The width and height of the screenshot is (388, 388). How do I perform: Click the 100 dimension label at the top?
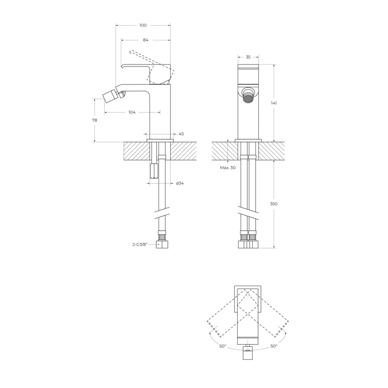[143, 25]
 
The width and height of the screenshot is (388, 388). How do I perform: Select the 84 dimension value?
[145, 40]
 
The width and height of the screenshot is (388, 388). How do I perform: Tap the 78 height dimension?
[94, 120]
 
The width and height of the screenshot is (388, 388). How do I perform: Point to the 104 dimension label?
[131, 112]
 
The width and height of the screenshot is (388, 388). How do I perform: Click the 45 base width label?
[181, 134]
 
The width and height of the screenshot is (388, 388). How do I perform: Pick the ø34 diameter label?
[180, 183]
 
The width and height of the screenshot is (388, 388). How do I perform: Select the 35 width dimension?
[248, 57]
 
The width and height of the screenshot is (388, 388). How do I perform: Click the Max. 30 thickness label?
[227, 167]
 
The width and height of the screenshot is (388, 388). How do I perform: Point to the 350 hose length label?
[274, 204]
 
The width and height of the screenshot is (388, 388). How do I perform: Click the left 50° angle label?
[223, 346]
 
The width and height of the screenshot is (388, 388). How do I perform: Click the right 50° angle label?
[274, 346]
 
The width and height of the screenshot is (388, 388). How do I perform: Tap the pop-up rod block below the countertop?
[153, 171]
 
